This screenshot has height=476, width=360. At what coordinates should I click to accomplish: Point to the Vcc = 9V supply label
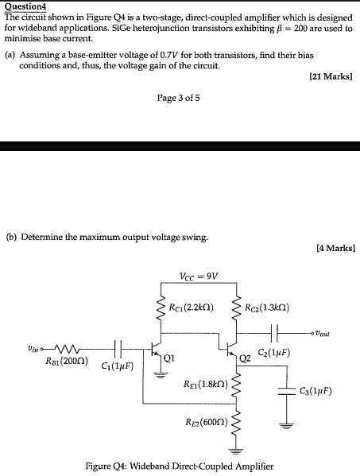(199, 277)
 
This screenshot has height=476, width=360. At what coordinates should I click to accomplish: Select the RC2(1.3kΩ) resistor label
(273, 308)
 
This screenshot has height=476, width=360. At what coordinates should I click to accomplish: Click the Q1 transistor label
(168, 358)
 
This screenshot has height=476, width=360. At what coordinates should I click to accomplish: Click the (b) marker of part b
(11, 237)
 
